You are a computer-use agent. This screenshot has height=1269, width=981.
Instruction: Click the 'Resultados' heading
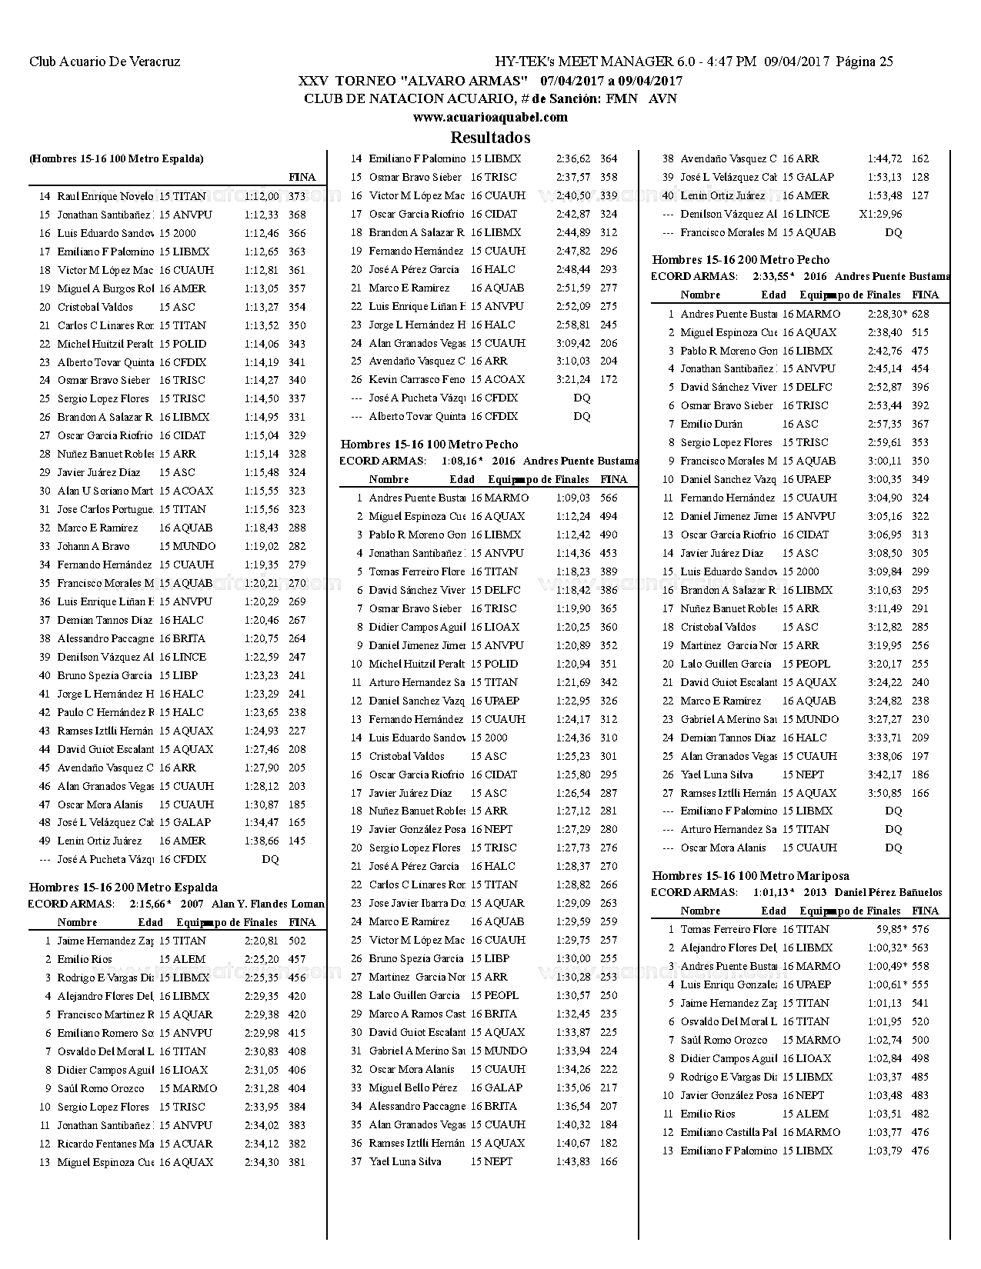pos(490,138)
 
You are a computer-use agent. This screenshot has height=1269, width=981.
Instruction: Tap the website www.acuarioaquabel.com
pos(490,118)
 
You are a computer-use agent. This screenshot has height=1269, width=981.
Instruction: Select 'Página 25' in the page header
pos(864,62)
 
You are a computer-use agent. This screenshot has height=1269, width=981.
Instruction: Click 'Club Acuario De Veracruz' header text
pos(105,62)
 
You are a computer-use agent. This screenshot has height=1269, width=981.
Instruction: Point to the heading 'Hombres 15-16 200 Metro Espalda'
pos(123,887)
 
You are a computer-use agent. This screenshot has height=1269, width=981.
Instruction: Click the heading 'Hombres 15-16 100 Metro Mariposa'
pos(750,875)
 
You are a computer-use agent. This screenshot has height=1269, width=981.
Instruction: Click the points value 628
pos(920,314)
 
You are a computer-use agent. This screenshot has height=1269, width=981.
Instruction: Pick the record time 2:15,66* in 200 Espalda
pos(150,904)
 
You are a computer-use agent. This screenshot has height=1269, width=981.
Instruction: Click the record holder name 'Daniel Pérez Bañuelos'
pos(888,892)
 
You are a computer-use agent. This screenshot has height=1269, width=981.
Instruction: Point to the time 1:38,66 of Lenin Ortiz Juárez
pos(262,841)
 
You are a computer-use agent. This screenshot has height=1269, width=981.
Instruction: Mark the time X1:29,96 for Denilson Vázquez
pos(880,214)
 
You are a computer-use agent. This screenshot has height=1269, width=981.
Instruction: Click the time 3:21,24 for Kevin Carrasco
pos(573,379)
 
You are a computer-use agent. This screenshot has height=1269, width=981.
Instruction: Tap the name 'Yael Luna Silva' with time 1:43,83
pos(405,1161)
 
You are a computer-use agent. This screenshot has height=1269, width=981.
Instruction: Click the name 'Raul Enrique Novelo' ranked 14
pos(105,196)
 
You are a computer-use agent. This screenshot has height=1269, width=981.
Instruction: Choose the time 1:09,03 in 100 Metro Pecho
pos(573,498)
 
